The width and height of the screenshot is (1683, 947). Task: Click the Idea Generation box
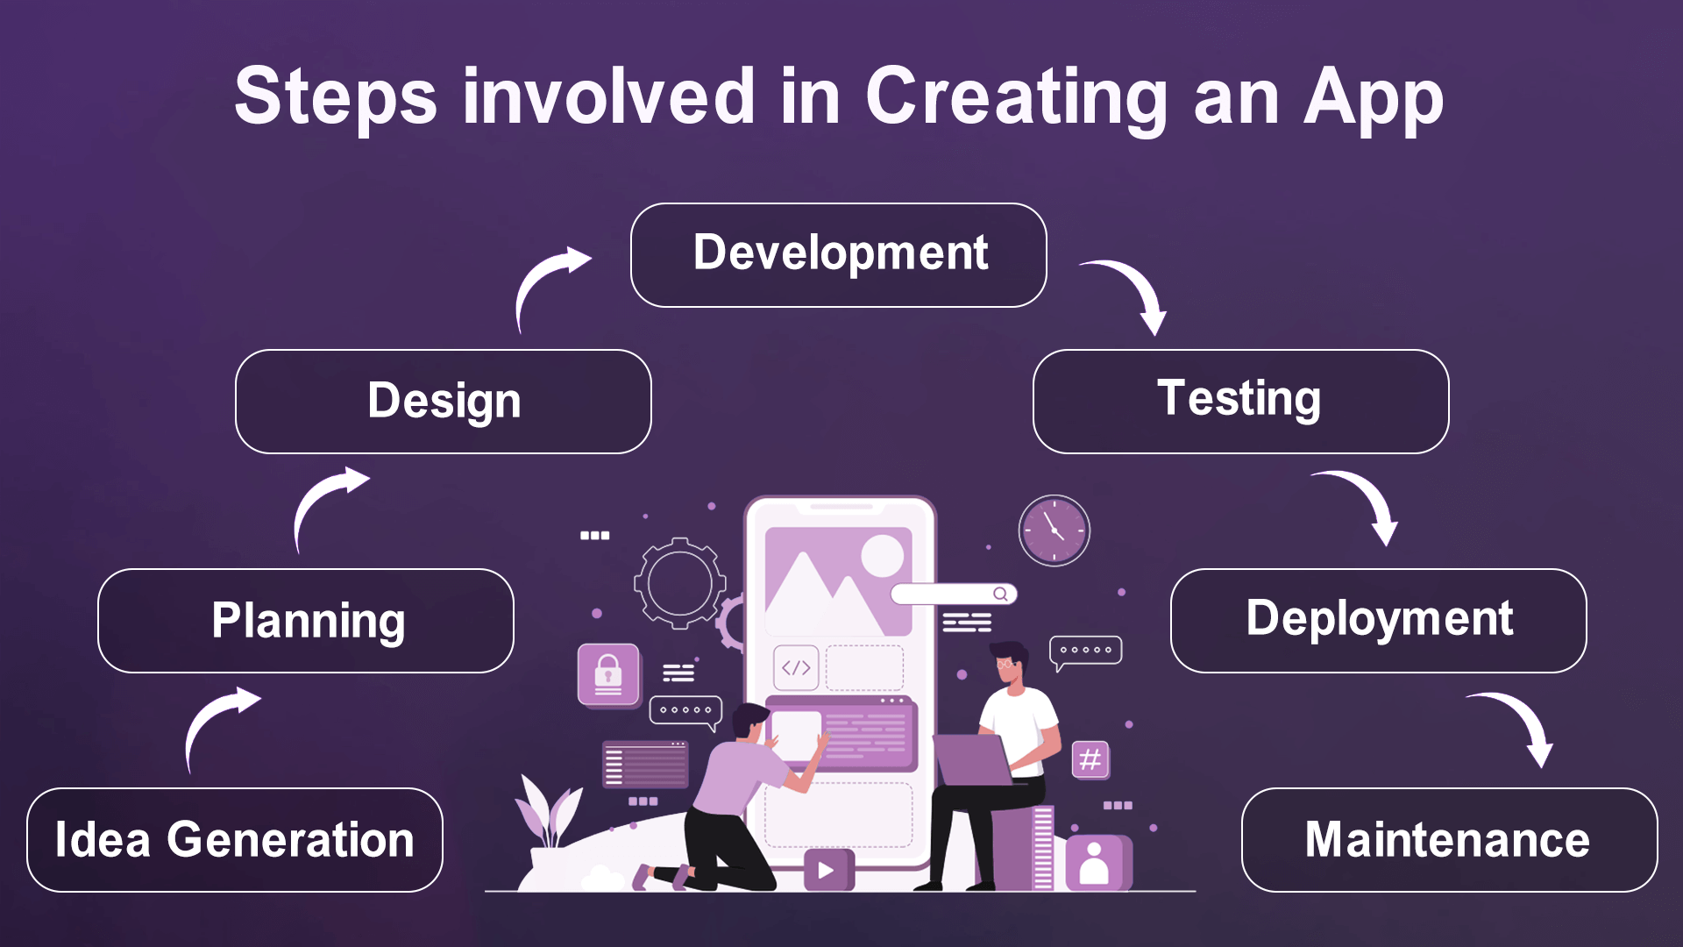(235, 840)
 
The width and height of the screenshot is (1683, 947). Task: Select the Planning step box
(306, 621)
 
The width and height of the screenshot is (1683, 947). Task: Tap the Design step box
(444, 402)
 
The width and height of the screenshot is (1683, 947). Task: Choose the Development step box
(839, 255)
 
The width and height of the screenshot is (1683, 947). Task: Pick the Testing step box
(1241, 402)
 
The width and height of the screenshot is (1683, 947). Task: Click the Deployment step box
(1379, 621)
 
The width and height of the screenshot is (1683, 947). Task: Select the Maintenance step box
(1450, 840)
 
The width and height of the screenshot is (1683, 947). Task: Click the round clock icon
(1055, 530)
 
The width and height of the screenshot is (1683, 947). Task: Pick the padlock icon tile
(608, 674)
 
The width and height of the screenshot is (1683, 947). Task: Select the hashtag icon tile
(1090, 759)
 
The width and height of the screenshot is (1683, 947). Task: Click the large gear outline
(680, 583)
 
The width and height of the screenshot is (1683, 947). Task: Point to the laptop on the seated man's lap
(974, 759)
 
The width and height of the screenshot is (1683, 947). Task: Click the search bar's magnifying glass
(1000, 595)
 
